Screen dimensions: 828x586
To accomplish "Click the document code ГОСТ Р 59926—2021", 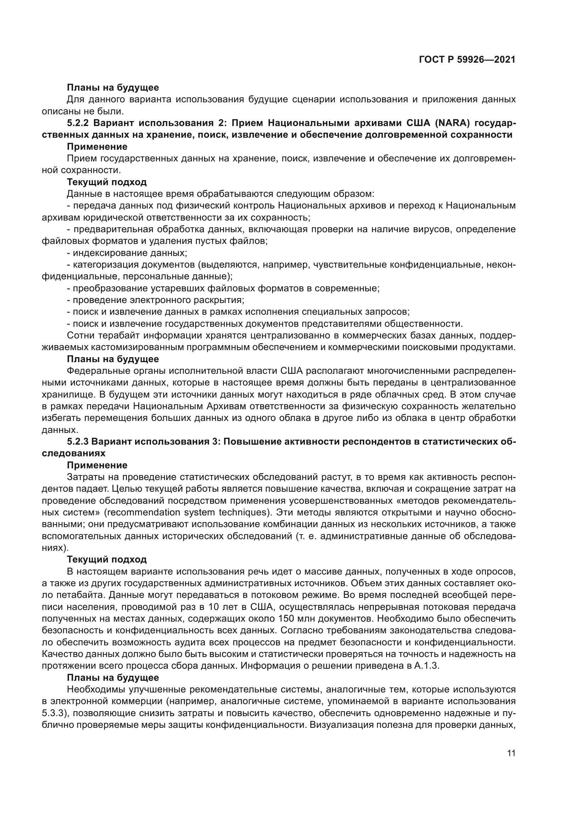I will point(467,60).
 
